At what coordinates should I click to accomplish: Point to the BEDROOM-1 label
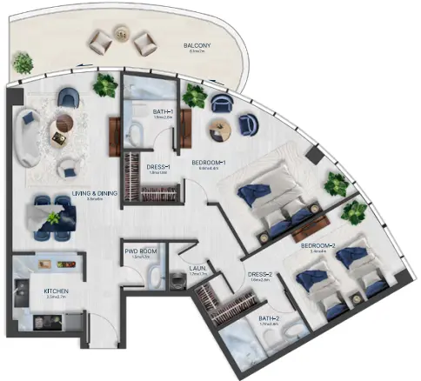click(210, 163)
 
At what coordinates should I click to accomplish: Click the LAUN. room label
click(197, 269)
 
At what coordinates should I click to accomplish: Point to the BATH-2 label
click(270, 319)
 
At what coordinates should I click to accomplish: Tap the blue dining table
click(50, 214)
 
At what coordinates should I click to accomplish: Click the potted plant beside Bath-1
click(107, 84)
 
